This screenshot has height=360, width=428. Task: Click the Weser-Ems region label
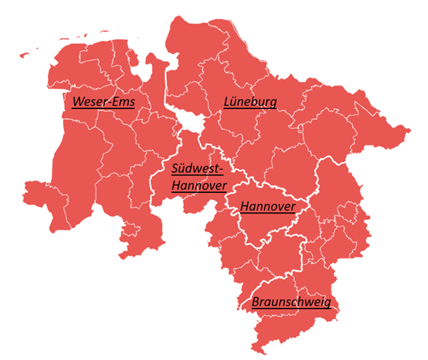(103, 102)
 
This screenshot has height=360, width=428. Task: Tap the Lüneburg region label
(250, 102)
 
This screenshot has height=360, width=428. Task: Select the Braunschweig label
(291, 302)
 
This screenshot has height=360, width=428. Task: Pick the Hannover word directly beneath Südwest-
(199, 186)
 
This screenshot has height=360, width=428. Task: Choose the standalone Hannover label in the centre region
(267, 207)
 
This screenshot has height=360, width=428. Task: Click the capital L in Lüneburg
(227, 102)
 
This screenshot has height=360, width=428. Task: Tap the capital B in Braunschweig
(256, 302)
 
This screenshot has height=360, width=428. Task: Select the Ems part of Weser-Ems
(125, 102)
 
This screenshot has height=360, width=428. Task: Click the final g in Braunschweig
(326, 303)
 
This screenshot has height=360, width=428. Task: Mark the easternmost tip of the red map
(409, 130)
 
